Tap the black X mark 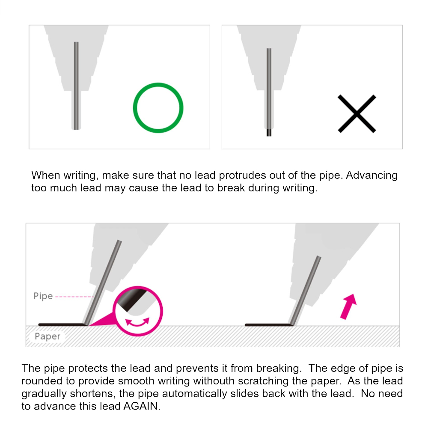(357, 114)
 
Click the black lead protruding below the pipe (269, 132)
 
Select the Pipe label (43, 296)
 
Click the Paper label (48, 336)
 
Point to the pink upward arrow (348, 306)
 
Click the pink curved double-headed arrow (137, 323)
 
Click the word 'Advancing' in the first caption (372, 175)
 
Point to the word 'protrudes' (242, 175)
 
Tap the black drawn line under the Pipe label (62, 324)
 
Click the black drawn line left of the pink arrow (269, 325)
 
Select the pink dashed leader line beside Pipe (74, 297)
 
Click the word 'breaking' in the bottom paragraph (279, 369)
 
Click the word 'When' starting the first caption (46, 175)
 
